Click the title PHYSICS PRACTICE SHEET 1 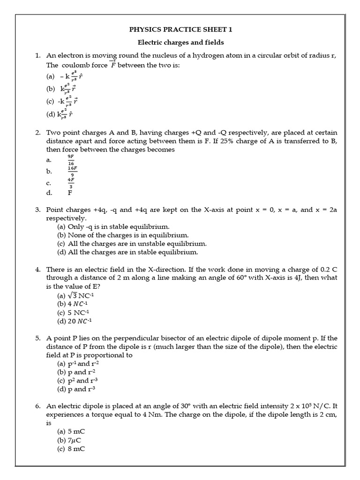(x=180, y=30)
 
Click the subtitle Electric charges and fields (x=180, y=43)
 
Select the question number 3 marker (x=38, y=210)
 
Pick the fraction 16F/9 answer (x=72, y=171)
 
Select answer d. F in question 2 (x=70, y=192)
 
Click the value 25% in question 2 (x=234, y=141)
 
